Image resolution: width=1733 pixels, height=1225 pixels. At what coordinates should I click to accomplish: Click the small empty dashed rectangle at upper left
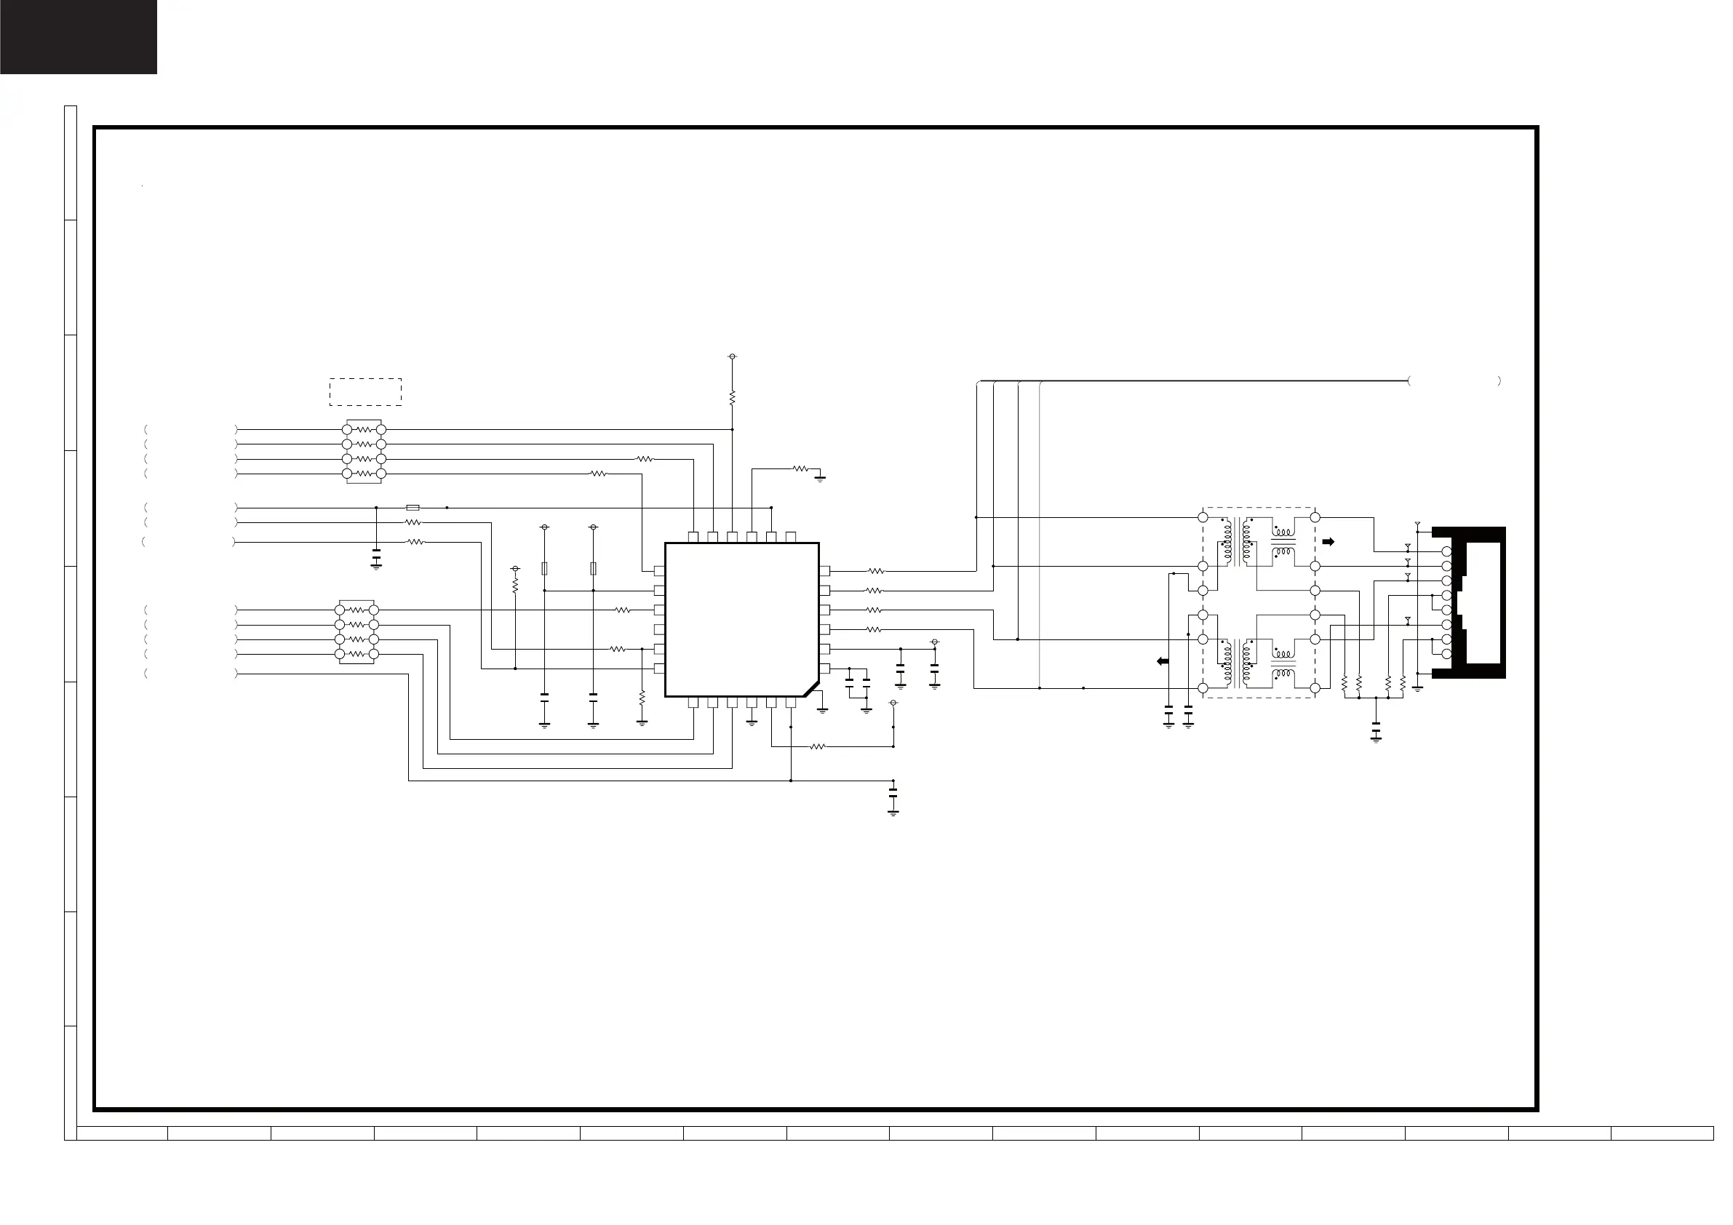pyautogui.click(x=365, y=392)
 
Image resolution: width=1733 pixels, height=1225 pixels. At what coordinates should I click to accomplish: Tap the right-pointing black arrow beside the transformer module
pyautogui.click(x=1328, y=541)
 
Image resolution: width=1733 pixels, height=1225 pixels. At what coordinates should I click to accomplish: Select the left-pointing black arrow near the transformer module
pyautogui.click(x=1163, y=661)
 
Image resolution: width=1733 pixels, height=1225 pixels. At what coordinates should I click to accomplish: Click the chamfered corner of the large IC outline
pyautogui.click(x=811, y=689)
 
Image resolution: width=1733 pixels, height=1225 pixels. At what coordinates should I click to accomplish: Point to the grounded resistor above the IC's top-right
pyautogui.click(x=800, y=468)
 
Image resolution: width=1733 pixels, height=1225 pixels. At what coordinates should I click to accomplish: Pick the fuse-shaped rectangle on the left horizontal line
pyautogui.click(x=413, y=508)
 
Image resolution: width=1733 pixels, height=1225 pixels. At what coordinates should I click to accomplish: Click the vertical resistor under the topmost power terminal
pyautogui.click(x=732, y=397)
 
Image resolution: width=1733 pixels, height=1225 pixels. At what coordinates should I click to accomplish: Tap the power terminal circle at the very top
pyautogui.click(x=732, y=356)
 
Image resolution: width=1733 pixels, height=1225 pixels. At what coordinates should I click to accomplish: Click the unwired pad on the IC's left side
pyautogui.click(x=659, y=629)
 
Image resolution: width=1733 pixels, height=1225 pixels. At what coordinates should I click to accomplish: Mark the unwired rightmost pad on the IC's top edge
pyautogui.click(x=791, y=537)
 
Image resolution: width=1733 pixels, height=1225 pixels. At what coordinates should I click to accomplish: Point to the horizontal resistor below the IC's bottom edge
pyautogui.click(x=818, y=747)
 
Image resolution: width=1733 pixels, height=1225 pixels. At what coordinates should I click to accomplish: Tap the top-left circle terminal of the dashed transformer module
pyautogui.click(x=1203, y=517)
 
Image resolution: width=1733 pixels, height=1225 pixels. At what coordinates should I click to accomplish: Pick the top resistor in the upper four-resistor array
pyautogui.click(x=364, y=429)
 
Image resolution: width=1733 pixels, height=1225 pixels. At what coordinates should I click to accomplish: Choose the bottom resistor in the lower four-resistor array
pyautogui.click(x=357, y=654)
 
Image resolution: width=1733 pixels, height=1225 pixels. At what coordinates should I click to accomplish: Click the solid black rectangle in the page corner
pyautogui.click(x=79, y=37)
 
